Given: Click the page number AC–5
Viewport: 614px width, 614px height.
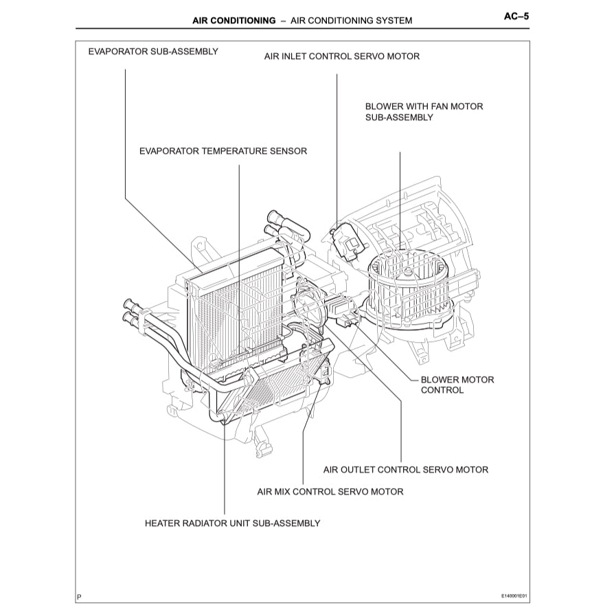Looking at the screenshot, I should click(516, 18).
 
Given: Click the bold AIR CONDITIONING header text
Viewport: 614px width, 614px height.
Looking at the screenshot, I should click(234, 21).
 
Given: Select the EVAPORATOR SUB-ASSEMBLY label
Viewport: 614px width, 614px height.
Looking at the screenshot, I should click(153, 52).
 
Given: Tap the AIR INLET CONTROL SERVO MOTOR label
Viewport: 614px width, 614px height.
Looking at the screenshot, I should click(341, 56).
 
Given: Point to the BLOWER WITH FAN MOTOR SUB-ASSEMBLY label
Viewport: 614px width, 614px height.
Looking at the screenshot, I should click(424, 112).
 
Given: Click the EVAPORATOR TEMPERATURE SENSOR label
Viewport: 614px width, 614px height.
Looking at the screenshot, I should click(223, 150).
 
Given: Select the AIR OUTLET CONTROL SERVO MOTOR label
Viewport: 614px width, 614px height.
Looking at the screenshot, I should click(405, 470).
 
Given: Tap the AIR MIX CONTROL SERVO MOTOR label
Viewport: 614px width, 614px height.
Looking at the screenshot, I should click(330, 491).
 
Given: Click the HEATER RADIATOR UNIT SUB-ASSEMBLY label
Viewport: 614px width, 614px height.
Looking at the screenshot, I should click(232, 523).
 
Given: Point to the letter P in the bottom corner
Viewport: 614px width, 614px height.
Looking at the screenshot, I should click(79, 597).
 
